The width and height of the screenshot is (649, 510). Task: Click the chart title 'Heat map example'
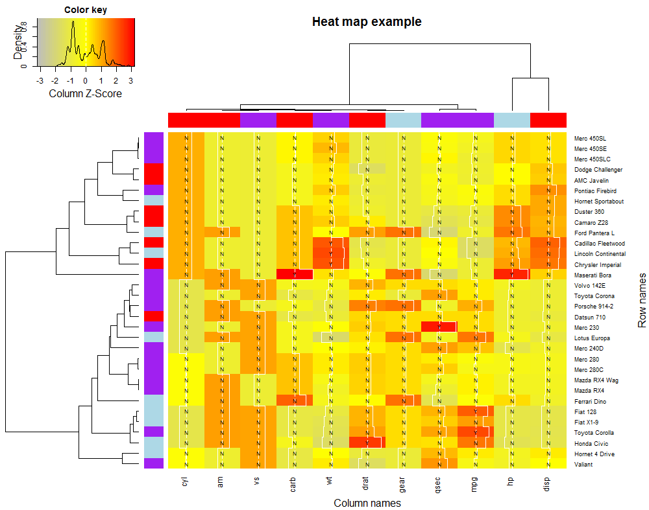coord(367,22)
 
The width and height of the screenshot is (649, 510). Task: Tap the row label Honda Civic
coord(591,443)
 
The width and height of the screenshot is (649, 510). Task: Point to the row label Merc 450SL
coord(591,139)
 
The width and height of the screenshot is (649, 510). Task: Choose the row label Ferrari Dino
coord(590,401)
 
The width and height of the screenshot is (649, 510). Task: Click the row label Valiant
coord(583,464)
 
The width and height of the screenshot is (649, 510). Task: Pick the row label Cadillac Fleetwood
coord(599,244)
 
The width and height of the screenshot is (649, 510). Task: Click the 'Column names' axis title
coord(367,503)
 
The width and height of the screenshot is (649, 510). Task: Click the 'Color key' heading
coord(86,10)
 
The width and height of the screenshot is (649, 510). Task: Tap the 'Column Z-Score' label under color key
coord(86,93)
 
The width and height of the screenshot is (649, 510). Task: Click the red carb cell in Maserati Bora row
coord(294,275)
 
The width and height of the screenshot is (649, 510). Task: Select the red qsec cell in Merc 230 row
coord(439,327)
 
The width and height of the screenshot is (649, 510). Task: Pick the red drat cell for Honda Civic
coord(367,443)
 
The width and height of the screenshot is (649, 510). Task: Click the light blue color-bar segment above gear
coord(403,121)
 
